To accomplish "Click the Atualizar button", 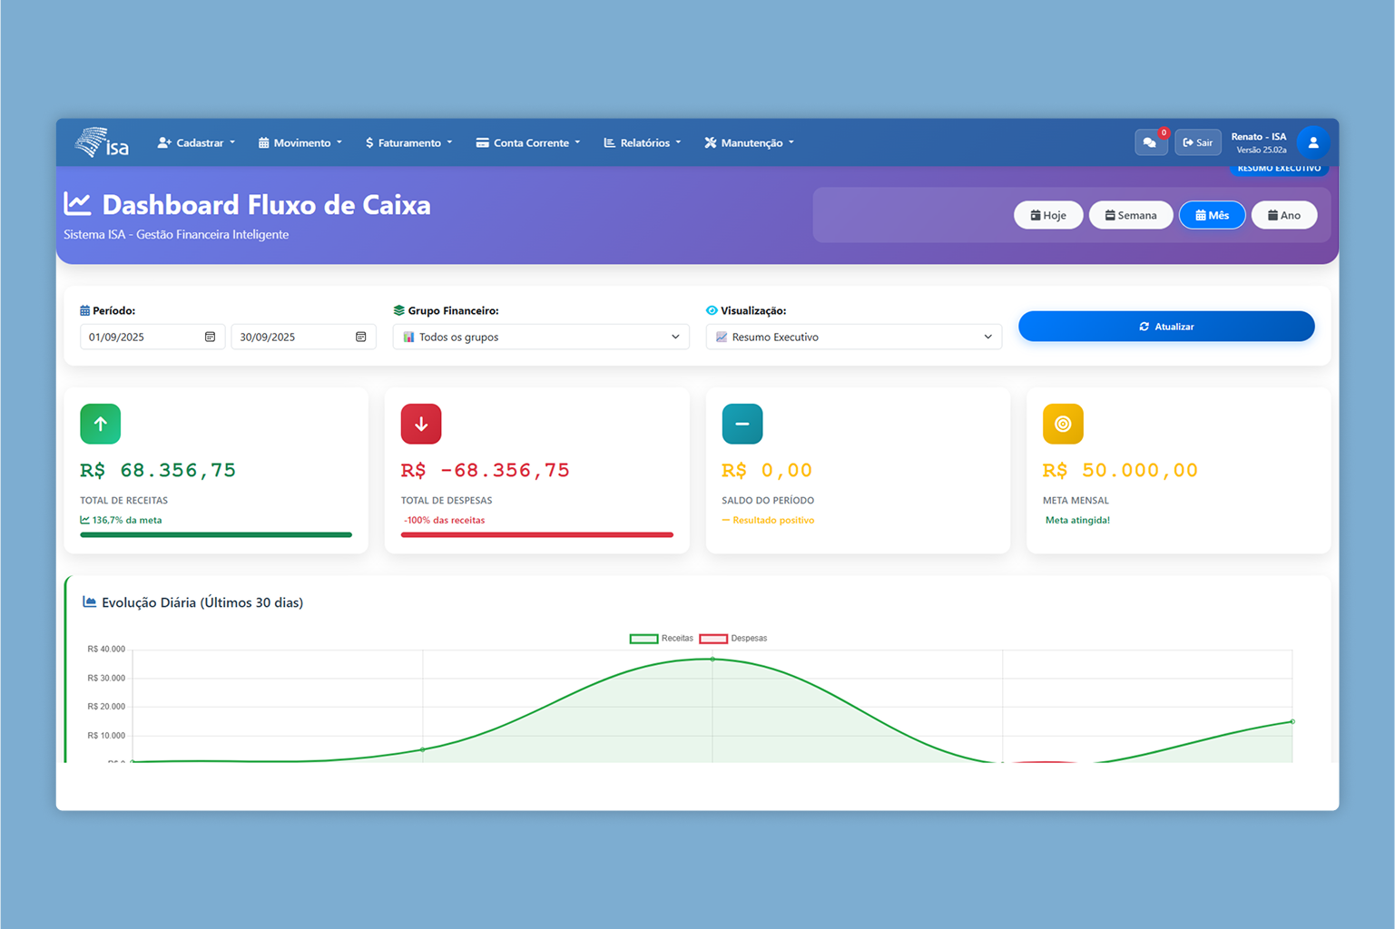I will (x=1165, y=327).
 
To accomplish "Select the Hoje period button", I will (x=1047, y=215).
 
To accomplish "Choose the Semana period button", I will (x=1130, y=215).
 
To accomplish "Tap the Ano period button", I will (x=1283, y=215).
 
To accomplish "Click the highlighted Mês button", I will (x=1212, y=215).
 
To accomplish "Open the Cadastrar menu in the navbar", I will (x=196, y=142).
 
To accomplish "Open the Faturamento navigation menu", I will (x=408, y=142).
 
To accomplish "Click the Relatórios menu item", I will (x=643, y=142).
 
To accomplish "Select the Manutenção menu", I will (x=749, y=142).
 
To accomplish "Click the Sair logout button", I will (x=1197, y=142).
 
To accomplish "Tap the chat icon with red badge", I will (x=1150, y=142).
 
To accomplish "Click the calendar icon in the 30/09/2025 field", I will (x=360, y=337).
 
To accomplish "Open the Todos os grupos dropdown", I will (x=540, y=337).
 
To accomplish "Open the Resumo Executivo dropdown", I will (x=853, y=337).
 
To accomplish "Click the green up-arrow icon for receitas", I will (x=100, y=424).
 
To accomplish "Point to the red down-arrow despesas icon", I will (x=421, y=424).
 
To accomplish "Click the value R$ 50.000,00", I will (x=1120, y=470).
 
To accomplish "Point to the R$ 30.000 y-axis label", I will (x=106, y=678).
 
